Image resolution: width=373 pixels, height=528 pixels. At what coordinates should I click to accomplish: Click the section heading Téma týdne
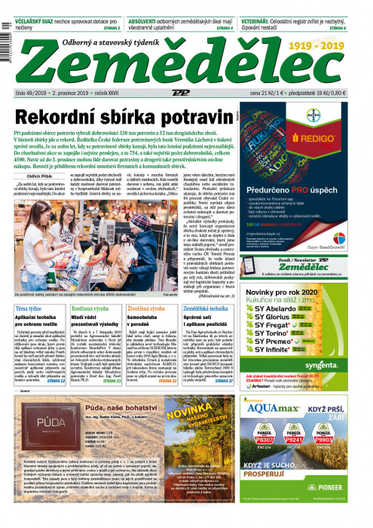click(x=31, y=309)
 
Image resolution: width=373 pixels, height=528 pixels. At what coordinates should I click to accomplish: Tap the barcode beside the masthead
click(x=5, y=45)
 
